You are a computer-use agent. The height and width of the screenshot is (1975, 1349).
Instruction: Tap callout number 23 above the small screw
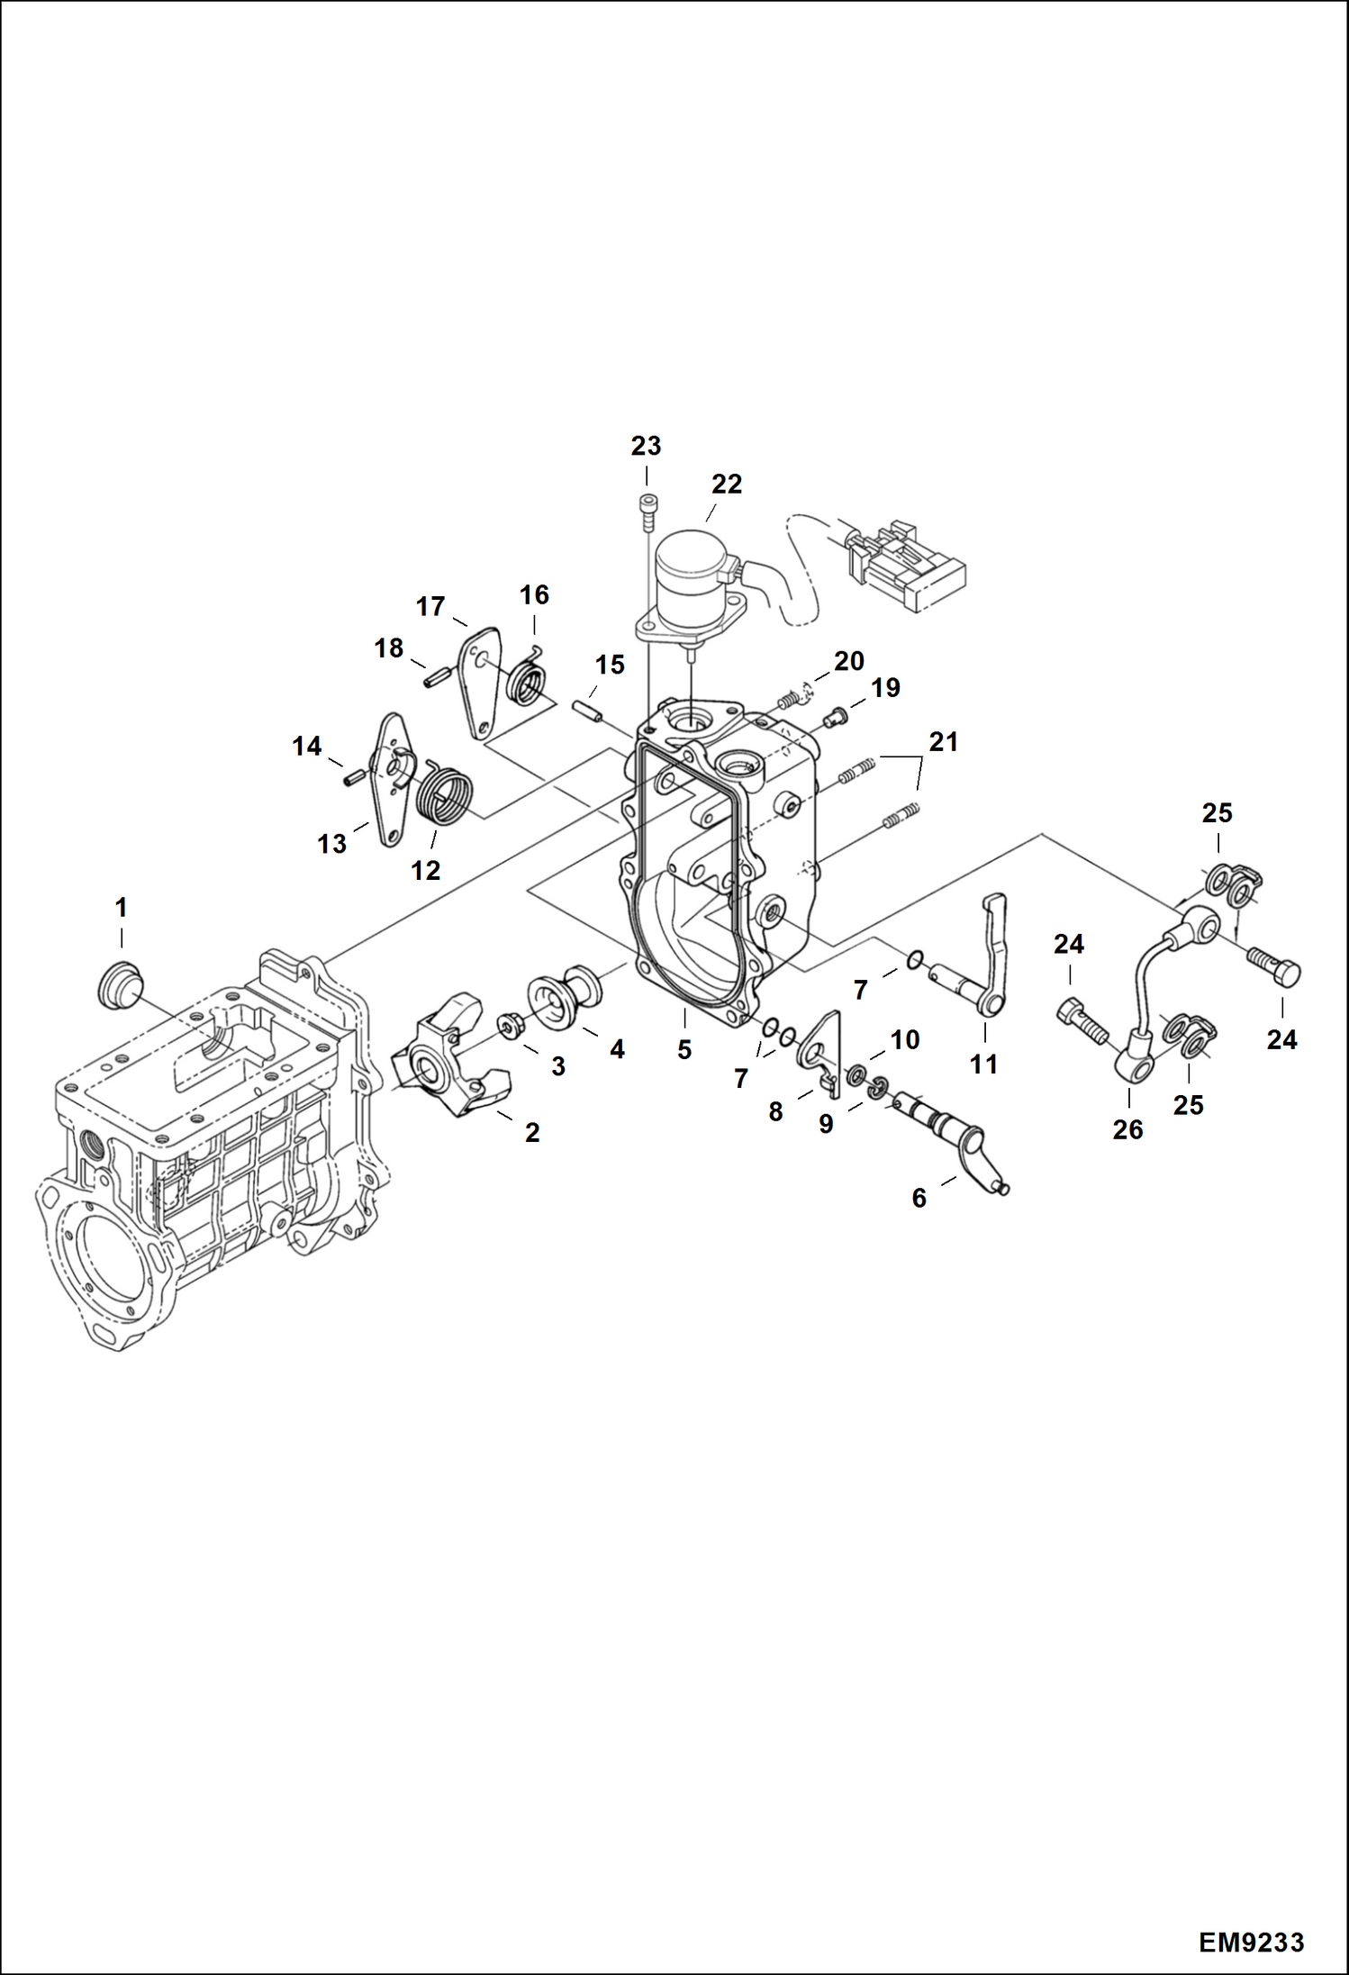click(646, 446)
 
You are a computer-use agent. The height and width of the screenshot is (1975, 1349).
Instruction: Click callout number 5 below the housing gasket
click(684, 1049)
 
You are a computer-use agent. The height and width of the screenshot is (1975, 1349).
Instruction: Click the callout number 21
click(943, 742)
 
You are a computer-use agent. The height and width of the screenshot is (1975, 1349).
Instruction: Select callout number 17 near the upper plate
click(430, 606)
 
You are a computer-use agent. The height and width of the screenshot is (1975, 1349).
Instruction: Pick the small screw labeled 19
click(835, 718)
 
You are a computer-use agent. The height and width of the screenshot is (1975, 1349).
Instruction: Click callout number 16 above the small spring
click(534, 594)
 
